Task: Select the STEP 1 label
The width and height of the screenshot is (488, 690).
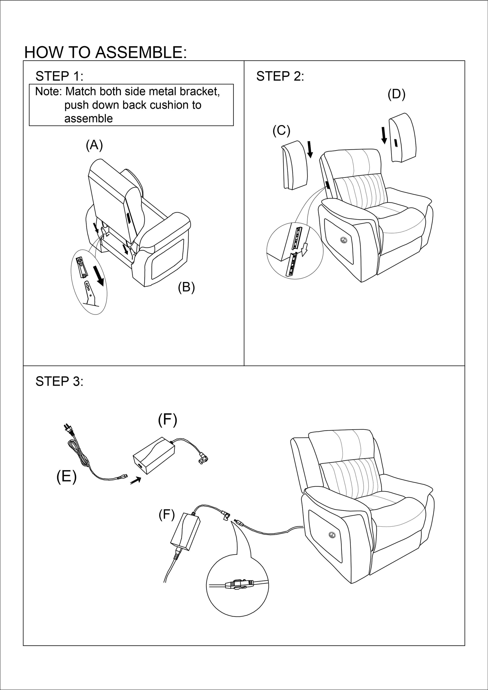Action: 59,76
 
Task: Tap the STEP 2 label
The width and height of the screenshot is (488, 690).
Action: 280,76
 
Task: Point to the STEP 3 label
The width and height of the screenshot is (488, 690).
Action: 59,381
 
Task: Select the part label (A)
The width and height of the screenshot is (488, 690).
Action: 94,145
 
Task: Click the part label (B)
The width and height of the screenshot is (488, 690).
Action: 186,287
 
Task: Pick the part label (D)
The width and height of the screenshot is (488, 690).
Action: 396,94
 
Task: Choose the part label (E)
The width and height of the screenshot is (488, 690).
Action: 66,477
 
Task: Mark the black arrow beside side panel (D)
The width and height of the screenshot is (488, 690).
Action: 384,135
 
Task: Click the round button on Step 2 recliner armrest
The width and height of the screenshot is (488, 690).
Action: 344,240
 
